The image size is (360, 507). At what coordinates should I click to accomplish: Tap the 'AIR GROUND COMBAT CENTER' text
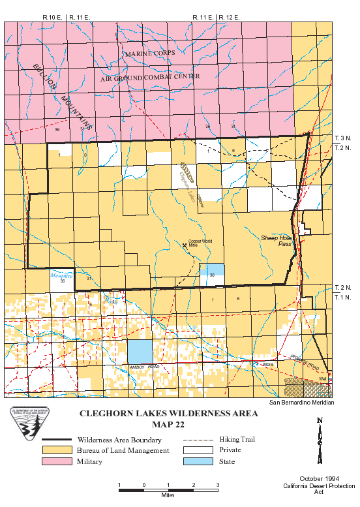coord(150,77)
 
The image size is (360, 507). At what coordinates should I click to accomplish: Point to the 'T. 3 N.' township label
coord(343,139)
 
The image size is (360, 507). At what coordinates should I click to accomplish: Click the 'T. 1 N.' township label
coord(343,296)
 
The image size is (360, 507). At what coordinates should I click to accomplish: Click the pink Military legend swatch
coord(57,461)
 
